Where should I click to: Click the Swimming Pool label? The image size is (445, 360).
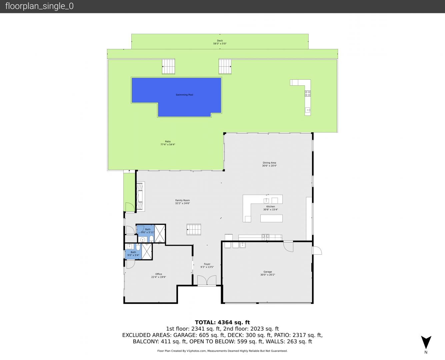tap(184, 95)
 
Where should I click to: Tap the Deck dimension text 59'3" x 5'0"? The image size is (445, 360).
tap(220, 44)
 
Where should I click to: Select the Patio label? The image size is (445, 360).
tap(168, 141)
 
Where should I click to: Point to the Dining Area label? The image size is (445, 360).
tap(269, 163)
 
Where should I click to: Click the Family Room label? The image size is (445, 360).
tap(182, 200)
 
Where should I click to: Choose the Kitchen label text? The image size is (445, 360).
tap(271, 207)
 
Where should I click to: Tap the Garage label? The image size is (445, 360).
tap(268, 272)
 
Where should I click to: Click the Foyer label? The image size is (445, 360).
tap(207, 264)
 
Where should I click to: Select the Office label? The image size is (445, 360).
tap(159, 274)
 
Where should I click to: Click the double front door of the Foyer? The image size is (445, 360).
tap(207, 280)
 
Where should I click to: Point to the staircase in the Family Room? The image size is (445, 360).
tap(194, 229)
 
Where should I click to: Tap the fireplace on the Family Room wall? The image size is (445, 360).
tap(140, 196)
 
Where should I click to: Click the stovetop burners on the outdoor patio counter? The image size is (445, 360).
tap(308, 93)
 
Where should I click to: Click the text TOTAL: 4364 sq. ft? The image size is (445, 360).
tap(222, 322)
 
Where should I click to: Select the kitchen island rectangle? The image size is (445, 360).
tap(271, 218)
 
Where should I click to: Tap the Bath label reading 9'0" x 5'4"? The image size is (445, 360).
tap(133, 254)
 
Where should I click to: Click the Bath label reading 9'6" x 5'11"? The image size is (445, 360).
tap(148, 231)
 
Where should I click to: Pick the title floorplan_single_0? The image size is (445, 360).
tap(39, 6)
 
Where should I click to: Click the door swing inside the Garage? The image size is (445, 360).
tap(288, 247)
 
